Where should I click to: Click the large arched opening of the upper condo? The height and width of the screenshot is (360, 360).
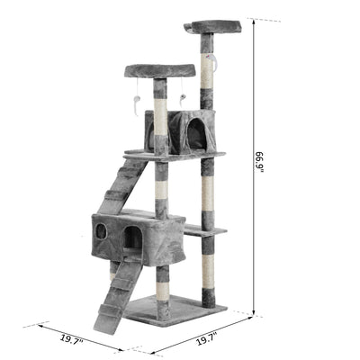[195, 133]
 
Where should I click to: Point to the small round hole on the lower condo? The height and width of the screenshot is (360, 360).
[102, 231]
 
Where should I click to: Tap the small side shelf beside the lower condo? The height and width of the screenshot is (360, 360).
[204, 230]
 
